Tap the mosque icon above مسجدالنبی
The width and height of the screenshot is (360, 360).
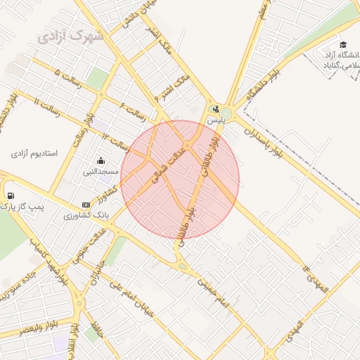(x=101, y=160)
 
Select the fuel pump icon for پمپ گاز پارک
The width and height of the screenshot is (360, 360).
(x=10, y=195)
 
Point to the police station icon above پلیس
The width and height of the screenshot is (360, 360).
(x=215, y=110)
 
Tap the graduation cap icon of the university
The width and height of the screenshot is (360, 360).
(x=343, y=44)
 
